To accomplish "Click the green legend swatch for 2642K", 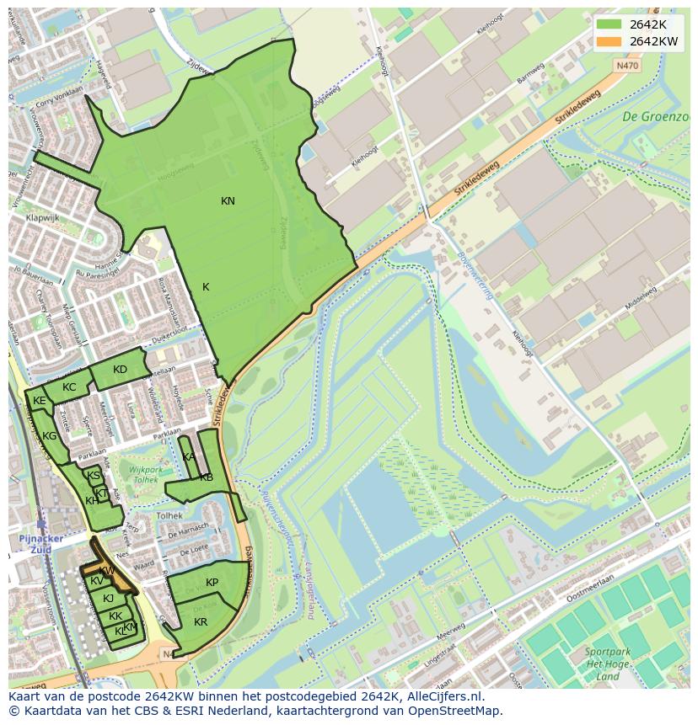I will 609,24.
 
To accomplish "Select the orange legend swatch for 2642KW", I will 609,40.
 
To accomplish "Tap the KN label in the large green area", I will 228,201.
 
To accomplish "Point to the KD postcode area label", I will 120,370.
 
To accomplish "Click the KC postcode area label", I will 69,387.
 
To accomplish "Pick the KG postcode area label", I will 50,436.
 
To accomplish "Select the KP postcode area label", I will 212,583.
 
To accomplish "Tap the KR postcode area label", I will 201,622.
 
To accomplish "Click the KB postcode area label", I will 207,477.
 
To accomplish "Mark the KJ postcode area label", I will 108,599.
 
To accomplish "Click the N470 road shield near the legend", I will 627,65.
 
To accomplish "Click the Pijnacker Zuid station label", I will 35,544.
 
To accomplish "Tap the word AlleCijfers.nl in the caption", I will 442,696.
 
